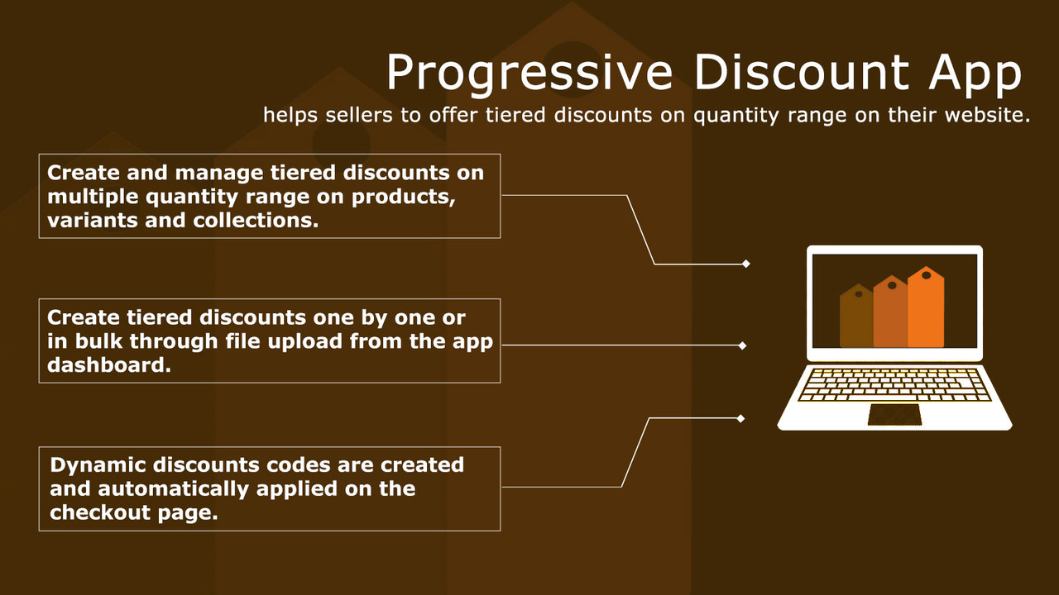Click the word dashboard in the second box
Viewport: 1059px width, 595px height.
click(x=108, y=365)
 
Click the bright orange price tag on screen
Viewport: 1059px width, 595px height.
click(x=926, y=308)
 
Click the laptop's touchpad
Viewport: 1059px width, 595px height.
click(x=894, y=415)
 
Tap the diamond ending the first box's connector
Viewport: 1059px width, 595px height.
click(x=745, y=264)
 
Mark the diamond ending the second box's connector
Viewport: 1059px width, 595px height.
click(x=742, y=345)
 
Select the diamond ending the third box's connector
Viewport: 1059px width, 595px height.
click(x=740, y=418)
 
